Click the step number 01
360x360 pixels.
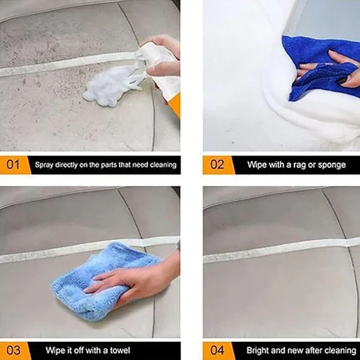click(13, 164)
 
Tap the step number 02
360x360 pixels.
click(217, 164)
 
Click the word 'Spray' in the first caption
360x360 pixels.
click(45, 164)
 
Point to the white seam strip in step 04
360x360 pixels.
click(276, 249)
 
